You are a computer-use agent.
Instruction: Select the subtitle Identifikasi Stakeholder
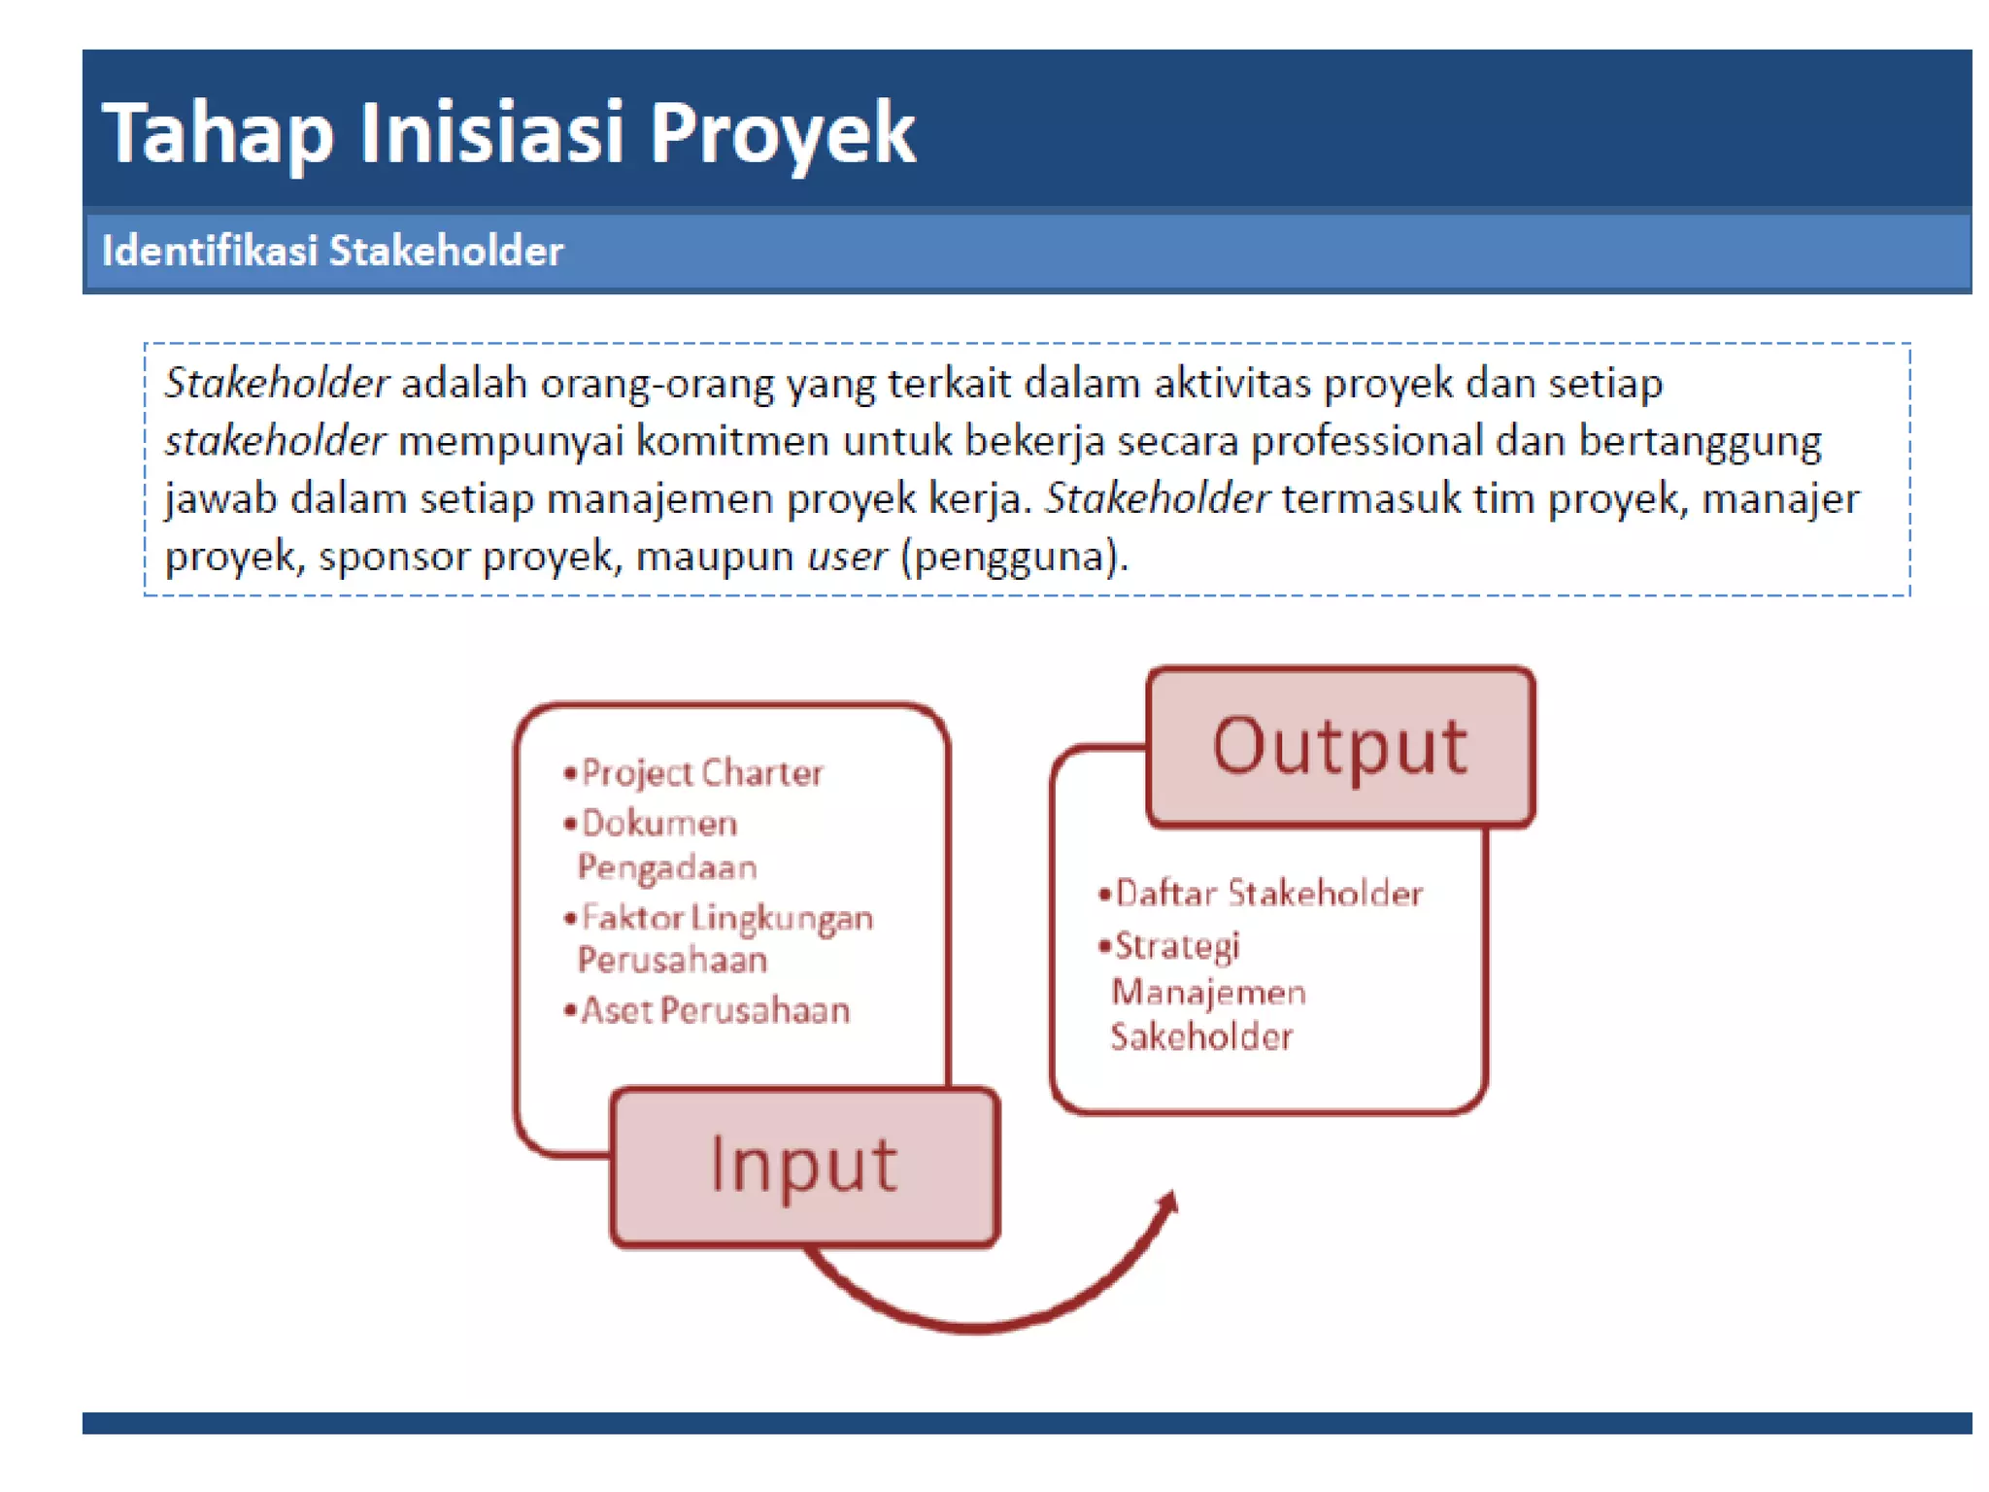click(x=332, y=251)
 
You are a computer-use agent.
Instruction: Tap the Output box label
click(x=1339, y=746)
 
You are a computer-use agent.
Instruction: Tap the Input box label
click(x=803, y=1164)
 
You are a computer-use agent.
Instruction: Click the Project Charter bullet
click(x=701, y=773)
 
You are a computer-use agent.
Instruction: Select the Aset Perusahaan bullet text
click(x=715, y=1010)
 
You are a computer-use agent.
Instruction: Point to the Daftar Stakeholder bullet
click(x=1268, y=893)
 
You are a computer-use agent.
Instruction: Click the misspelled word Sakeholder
click(x=1201, y=1036)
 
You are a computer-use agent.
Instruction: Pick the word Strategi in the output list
click(x=1177, y=945)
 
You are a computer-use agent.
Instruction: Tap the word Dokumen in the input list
click(x=659, y=824)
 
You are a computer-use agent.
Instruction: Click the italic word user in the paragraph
click(x=846, y=557)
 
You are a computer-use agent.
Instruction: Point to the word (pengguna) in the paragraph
click(x=1014, y=557)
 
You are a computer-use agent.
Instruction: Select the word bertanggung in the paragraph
click(x=1700, y=441)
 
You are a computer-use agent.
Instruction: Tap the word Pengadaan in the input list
click(x=667, y=866)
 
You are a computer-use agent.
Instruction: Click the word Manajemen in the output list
click(x=1208, y=992)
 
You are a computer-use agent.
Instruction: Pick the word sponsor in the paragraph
click(x=393, y=557)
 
